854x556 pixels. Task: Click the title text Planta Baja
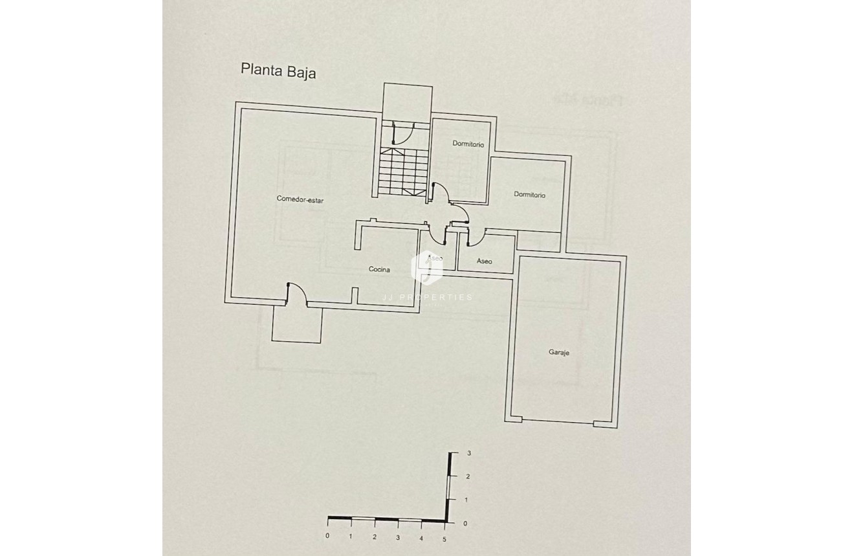pos(278,70)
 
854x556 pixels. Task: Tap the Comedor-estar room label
pos(300,200)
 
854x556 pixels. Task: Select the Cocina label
pos(379,269)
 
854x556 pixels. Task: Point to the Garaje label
pos(558,353)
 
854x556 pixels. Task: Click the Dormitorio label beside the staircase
pos(468,144)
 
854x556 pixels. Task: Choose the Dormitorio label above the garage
pos(530,195)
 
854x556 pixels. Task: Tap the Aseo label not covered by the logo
pos(484,261)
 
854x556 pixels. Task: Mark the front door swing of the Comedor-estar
pos(295,292)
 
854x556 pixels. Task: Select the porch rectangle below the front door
pos(297,324)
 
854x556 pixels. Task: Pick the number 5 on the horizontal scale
pos(444,538)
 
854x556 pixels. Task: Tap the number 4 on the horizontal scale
pos(421,538)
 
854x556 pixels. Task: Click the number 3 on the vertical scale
pos(468,454)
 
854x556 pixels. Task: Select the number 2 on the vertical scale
pos(468,476)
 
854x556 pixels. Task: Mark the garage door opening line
pos(558,423)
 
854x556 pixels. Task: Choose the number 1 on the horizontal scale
pos(351,537)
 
